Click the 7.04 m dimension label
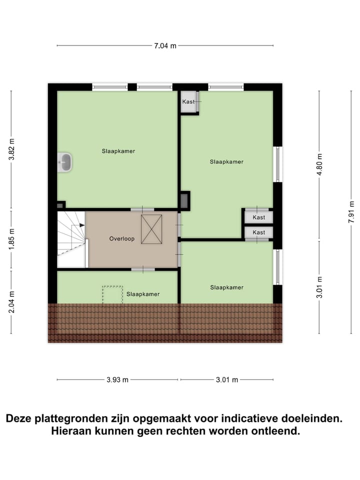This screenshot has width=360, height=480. (165, 46)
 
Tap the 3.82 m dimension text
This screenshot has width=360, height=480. (11, 149)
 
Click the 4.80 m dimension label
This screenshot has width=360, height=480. (320, 163)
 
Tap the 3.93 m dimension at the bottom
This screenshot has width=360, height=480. (117, 379)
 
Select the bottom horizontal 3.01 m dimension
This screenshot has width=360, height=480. (226, 379)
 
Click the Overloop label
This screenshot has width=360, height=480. (122, 239)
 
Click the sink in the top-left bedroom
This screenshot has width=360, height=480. (65, 162)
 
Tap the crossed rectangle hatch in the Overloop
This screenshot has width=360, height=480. (151, 229)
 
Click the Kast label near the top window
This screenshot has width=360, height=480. (188, 102)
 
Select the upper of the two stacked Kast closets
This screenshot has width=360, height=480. (258, 217)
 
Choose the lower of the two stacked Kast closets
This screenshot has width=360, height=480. (258, 232)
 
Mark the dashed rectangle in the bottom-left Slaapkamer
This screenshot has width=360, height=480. (112, 294)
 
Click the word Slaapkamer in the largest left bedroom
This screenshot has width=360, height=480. (118, 150)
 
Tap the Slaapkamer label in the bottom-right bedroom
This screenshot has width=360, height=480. (226, 287)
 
